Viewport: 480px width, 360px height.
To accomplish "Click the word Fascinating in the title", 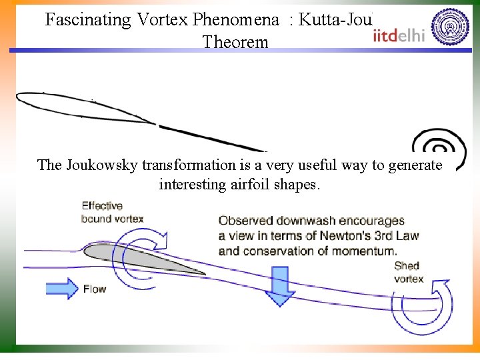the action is click(88, 19).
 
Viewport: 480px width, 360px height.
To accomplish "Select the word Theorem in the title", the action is click(235, 42).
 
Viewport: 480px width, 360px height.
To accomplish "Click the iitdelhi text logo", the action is click(399, 35).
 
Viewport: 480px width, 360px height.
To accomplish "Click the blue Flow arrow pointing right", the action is click(63, 289).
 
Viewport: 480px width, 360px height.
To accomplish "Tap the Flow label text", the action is click(95, 289).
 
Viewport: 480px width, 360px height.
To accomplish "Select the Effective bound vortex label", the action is click(112, 212).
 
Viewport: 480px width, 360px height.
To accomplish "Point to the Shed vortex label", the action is click(408, 272).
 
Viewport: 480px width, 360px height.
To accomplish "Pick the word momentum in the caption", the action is click(363, 251).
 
